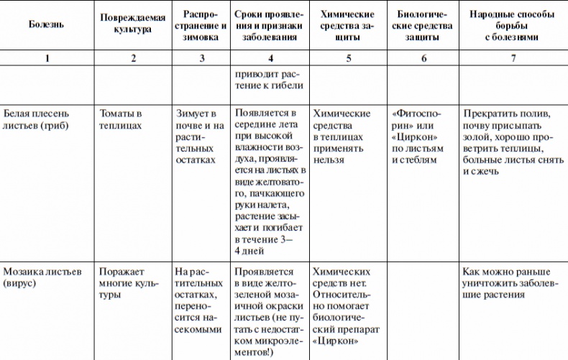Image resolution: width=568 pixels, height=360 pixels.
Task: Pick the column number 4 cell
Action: tap(270, 58)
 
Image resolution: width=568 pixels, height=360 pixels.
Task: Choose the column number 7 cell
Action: tap(513, 58)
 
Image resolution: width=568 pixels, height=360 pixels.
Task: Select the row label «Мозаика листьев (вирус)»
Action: tap(41, 278)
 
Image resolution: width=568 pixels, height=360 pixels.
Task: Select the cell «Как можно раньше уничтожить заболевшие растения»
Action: tap(508, 278)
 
